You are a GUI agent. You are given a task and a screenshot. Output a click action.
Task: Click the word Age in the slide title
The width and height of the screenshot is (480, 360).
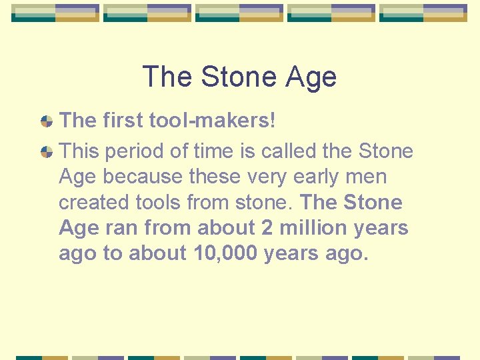pyautogui.click(x=311, y=77)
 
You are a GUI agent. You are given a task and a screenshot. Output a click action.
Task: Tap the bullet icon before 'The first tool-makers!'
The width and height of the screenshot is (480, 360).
pyautogui.click(x=47, y=121)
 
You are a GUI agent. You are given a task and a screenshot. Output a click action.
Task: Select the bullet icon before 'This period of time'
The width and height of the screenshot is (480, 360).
pyautogui.click(x=47, y=152)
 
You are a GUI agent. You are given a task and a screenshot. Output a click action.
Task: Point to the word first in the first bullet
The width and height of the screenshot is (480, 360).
pyautogui.click(x=125, y=121)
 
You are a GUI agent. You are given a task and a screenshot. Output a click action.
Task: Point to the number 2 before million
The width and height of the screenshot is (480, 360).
pyautogui.click(x=267, y=227)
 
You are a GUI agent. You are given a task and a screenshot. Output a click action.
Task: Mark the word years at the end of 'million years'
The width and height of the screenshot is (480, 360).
pyautogui.click(x=382, y=227)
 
